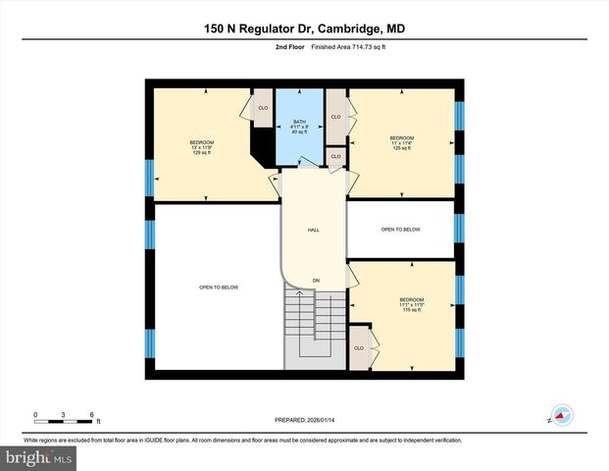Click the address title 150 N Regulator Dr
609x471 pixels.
(304, 28)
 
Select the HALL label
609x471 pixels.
(314, 230)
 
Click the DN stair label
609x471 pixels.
(316, 281)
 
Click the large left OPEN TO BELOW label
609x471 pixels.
(219, 288)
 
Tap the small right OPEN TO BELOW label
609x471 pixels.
(401, 230)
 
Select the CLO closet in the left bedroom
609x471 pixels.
(263, 108)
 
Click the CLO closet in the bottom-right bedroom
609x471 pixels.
(359, 348)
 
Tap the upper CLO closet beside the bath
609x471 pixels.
(335, 117)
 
